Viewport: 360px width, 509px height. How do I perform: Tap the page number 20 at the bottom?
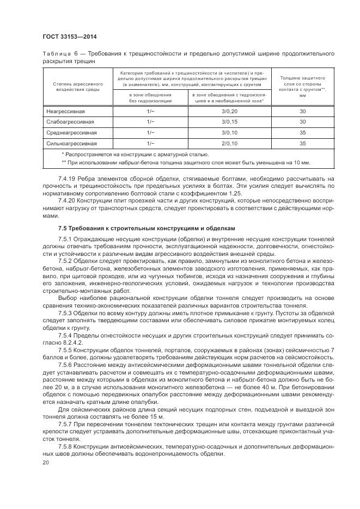point(45,462)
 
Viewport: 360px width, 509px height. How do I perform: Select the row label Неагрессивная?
point(62,111)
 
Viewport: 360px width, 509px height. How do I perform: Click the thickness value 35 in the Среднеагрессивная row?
point(302,132)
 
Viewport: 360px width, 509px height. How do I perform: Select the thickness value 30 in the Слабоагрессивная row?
point(302,121)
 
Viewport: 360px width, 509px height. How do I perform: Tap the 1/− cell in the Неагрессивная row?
point(150,111)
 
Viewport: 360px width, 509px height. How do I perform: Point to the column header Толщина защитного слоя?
point(302,87)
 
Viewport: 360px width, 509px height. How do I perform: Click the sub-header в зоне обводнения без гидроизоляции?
point(150,97)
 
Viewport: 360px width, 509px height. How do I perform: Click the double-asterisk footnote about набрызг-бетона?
point(185,162)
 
